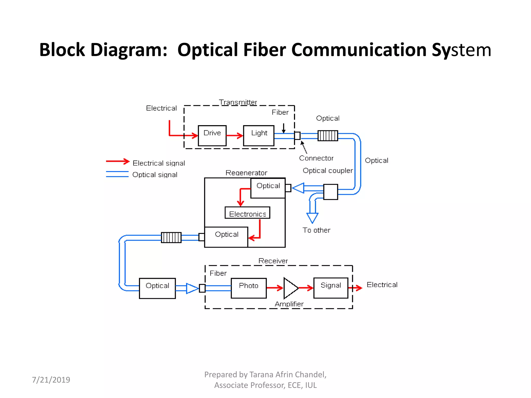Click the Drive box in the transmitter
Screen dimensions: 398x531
pos(212,136)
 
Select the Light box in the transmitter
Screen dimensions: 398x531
pos(258,136)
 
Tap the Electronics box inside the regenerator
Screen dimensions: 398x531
pos(247,213)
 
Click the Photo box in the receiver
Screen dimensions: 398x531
pos(249,288)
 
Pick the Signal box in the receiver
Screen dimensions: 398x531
pos(331,288)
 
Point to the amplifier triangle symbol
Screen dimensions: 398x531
pos(290,288)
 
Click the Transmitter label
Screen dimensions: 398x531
pos(238,102)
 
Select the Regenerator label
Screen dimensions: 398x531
pos(246,173)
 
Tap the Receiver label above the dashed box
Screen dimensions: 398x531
pos(273,261)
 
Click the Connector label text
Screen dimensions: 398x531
pos(316,158)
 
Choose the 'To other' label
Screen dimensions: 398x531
pos(316,230)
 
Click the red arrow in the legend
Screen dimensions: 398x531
pos(118,161)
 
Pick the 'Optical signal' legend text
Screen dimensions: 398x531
pos(155,175)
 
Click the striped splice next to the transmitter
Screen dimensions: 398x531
pos(328,136)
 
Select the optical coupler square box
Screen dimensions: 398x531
pos(331,192)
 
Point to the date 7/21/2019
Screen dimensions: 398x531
pos(51,380)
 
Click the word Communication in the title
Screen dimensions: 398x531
pos(359,50)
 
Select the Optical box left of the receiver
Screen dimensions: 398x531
pos(157,288)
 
